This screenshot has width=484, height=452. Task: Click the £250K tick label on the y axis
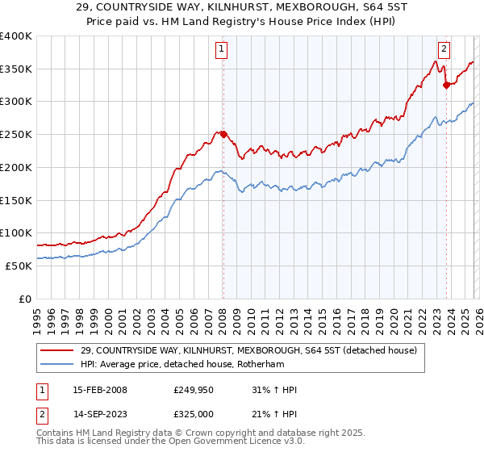[16, 135]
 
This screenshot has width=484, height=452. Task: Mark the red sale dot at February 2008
[223, 134]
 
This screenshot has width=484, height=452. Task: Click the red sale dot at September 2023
[446, 85]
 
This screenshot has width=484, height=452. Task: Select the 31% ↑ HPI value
[274, 390]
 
